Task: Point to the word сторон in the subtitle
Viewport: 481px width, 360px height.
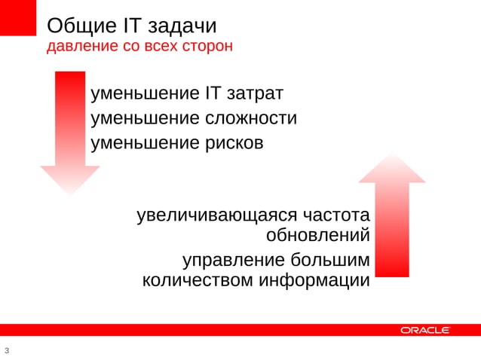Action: click(207, 47)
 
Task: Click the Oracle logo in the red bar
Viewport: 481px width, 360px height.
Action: click(425, 330)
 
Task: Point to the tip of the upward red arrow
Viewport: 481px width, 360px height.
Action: click(391, 155)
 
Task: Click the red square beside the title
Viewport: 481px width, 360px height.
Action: click(18, 17)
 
